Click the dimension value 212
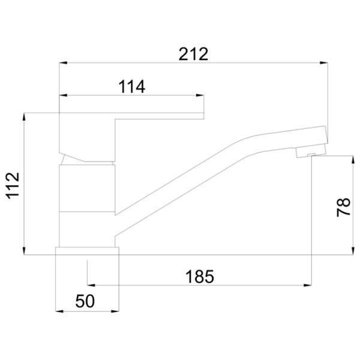coord(193,54)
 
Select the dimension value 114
coord(131,86)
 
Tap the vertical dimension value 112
coord(13,185)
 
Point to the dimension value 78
coord(343,207)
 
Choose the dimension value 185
coord(200,277)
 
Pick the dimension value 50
coord(85,301)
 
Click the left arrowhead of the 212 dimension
coord(63,62)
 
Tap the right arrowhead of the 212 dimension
coord(324,62)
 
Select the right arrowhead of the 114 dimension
coord(200,95)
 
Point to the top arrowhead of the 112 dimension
coord(24,116)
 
